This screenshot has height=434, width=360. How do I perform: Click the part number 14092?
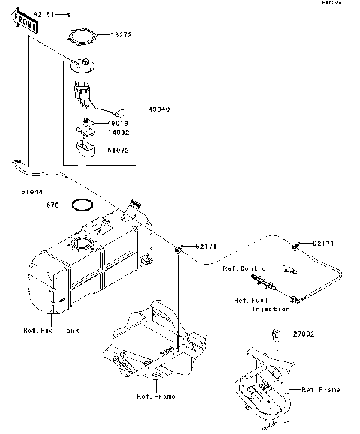118,133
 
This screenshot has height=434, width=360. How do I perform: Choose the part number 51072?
118,150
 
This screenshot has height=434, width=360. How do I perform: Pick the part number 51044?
31,192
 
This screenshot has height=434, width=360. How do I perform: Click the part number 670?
52,205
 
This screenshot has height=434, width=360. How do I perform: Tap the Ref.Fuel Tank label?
52,330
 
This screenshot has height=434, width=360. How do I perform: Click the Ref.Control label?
246,268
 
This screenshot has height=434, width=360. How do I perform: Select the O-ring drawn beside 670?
81,205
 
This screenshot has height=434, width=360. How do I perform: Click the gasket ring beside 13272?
84,34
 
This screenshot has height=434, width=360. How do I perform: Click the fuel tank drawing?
90,259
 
